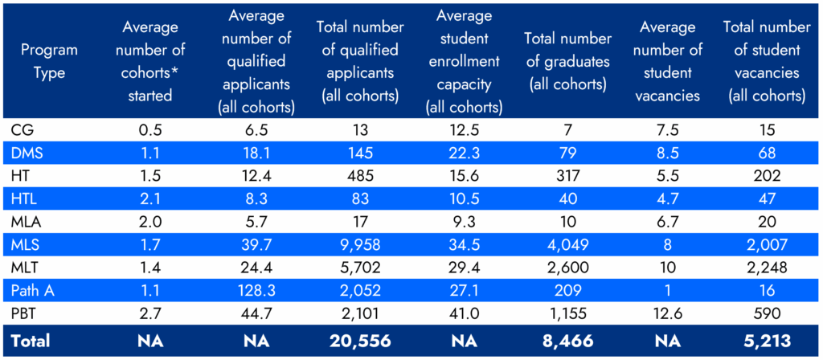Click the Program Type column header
click(49, 61)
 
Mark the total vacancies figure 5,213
click(764, 341)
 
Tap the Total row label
click(31, 341)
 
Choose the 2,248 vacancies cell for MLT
click(764, 266)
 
